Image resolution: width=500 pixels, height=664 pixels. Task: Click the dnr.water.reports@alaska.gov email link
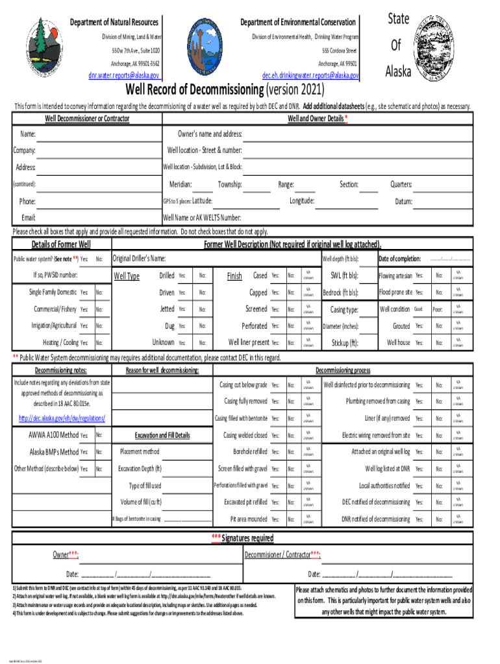click(x=124, y=75)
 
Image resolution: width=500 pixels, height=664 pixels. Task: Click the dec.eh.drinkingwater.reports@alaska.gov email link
click(x=309, y=75)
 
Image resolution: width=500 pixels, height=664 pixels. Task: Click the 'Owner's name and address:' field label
click(x=210, y=134)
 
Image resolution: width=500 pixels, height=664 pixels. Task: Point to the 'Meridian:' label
click(x=180, y=185)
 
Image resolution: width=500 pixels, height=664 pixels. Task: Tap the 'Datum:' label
click(x=403, y=202)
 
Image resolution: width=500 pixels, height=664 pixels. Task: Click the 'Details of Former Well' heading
click(x=61, y=244)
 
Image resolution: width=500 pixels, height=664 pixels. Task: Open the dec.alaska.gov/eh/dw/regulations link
click(x=62, y=418)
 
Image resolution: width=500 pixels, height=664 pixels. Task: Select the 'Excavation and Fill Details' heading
click(x=162, y=435)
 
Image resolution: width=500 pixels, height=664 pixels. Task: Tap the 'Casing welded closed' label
click(x=245, y=435)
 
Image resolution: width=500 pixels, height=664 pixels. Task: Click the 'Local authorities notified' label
click(x=384, y=485)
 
